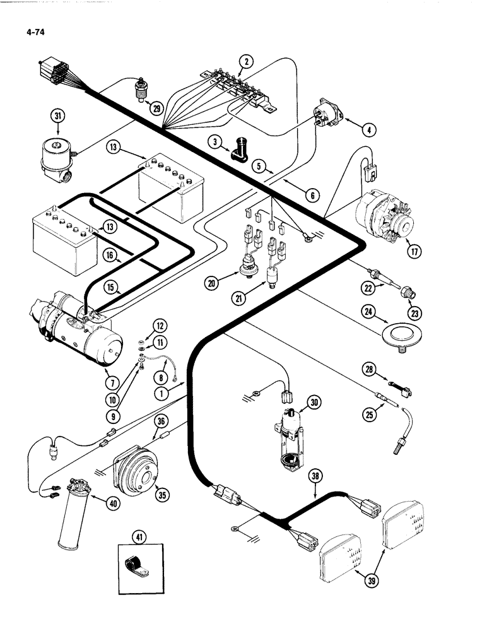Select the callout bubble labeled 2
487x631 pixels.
pos(247,61)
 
